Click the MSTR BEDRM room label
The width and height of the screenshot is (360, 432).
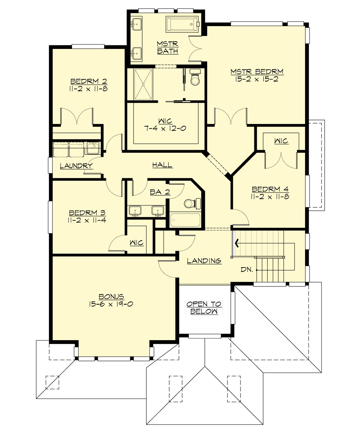coord(257,72)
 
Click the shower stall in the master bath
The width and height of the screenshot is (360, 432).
coord(143,84)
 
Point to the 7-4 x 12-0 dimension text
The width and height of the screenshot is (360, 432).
coord(165,128)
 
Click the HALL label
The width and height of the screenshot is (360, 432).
coord(162,165)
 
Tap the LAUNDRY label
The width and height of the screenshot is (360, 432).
coord(76,166)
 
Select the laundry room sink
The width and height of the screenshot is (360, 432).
coord(94,148)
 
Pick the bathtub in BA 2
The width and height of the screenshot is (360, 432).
coord(185,220)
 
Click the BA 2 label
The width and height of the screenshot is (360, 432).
coord(160,192)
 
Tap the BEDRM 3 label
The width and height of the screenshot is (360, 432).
coord(87,213)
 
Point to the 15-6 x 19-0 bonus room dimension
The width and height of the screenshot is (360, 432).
coord(111,304)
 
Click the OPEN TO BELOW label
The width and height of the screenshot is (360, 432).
coord(204,307)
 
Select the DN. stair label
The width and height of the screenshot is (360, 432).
coord(247,269)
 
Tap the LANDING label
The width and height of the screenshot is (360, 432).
coord(204,261)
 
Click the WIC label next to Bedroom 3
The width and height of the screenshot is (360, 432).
coord(136,243)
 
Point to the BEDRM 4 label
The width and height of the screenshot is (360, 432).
coord(270,189)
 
